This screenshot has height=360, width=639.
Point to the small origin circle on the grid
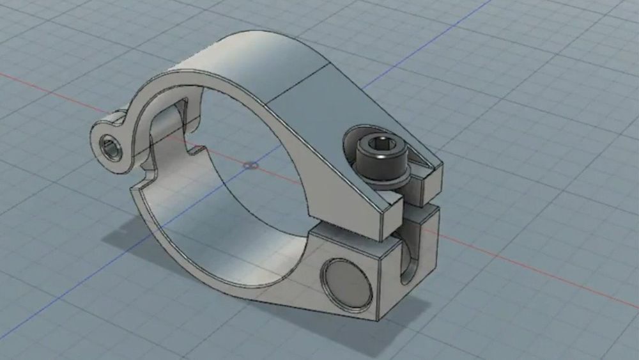(x=251, y=166)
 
